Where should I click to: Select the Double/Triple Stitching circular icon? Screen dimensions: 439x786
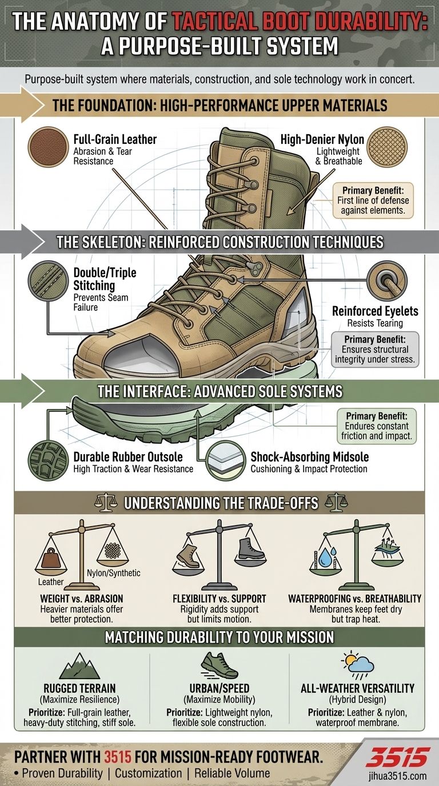tap(48, 280)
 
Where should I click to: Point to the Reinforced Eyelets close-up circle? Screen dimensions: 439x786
tap(387, 280)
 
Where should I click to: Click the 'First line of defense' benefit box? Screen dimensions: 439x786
tap(373, 200)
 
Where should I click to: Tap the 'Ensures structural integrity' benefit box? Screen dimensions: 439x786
tap(375, 350)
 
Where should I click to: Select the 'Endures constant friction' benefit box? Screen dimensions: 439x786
tap(377, 426)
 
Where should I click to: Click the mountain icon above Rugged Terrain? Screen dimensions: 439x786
tap(79, 666)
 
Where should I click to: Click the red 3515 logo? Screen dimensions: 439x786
tap(398, 757)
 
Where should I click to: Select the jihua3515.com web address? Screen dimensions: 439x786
tap(398, 776)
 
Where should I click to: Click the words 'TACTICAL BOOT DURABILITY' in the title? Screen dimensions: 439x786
tap(300, 22)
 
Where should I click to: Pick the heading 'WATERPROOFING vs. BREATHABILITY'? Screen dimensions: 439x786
tap(355, 599)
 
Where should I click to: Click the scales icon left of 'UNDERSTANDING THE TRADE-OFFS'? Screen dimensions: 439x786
tap(106, 503)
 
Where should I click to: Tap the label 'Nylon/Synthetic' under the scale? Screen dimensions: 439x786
tap(113, 573)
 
